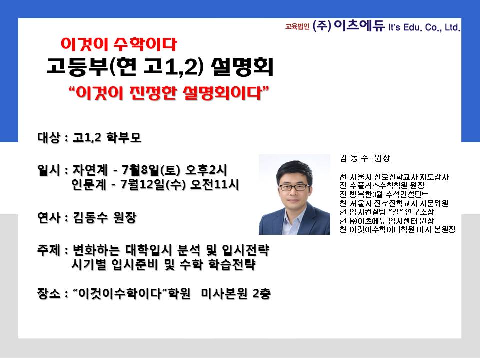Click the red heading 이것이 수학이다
click(x=119, y=44)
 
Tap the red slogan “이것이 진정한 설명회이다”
click(x=169, y=93)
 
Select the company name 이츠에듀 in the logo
click(x=359, y=25)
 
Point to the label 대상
click(x=49, y=137)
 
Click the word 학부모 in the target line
click(x=124, y=137)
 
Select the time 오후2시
click(x=206, y=170)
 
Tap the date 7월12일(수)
click(x=153, y=184)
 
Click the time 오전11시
click(x=214, y=184)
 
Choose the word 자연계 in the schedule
click(x=90, y=170)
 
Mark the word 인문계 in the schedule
click(x=89, y=184)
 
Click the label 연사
click(x=49, y=217)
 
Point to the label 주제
click(x=49, y=250)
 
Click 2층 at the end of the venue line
click(x=262, y=294)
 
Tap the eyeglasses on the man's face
click(x=294, y=187)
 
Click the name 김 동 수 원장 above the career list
click(x=365, y=158)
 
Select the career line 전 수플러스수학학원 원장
click(x=382, y=185)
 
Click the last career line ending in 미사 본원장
click(x=398, y=229)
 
